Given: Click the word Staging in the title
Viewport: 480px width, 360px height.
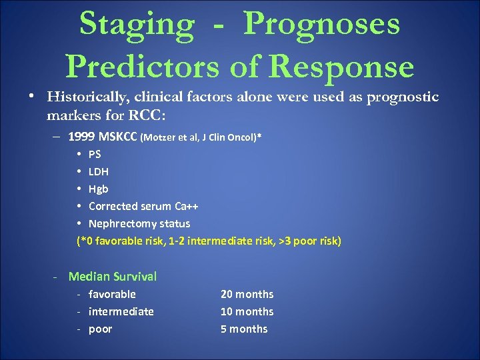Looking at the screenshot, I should coord(136,25).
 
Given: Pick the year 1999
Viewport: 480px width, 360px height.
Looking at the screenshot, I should coord(81,137).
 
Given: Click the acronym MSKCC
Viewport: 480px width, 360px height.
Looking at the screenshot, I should coord(117,137).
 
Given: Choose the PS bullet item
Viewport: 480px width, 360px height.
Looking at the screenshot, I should coord(95,154).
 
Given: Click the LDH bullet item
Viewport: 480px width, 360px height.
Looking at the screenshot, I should coord(98,171).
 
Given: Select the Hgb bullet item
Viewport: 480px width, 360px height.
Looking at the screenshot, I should coord(98,189).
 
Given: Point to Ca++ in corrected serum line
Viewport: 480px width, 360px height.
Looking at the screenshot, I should coord(184,206).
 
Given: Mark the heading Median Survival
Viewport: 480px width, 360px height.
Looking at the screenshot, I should coord(113,276).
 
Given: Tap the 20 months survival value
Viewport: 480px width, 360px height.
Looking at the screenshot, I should coord(247,294).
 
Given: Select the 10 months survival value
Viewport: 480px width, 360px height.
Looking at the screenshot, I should coord(247,311).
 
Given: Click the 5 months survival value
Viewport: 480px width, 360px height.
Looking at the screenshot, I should coord(244,329).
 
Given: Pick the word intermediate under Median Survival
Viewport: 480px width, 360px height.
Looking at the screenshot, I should coord(121,311).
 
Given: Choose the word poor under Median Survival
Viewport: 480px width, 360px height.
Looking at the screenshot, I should coord(100,329).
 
